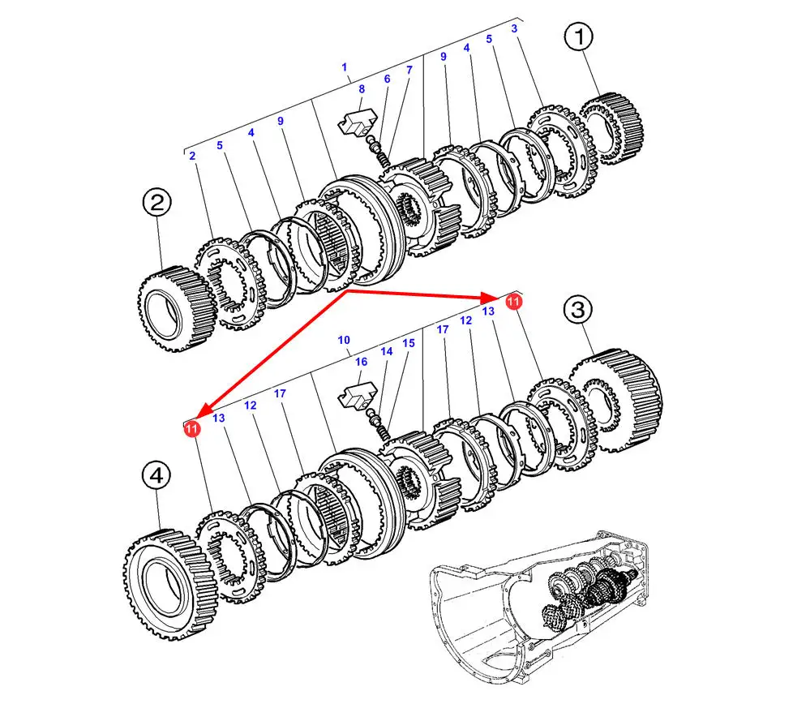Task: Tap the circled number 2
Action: pos(156,203)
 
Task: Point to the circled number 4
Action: pos(156,477)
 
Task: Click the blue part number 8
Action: pos(362,89)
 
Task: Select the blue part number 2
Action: pos(192,155)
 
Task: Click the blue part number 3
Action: pos(514,28)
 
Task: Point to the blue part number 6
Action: pos(387,79)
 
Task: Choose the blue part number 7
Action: pos(409,71)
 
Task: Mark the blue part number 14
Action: pos(387,351)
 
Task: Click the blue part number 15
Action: pos(409,343)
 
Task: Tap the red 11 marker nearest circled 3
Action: pos(512,302)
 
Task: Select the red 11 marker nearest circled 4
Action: pos(192,428)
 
